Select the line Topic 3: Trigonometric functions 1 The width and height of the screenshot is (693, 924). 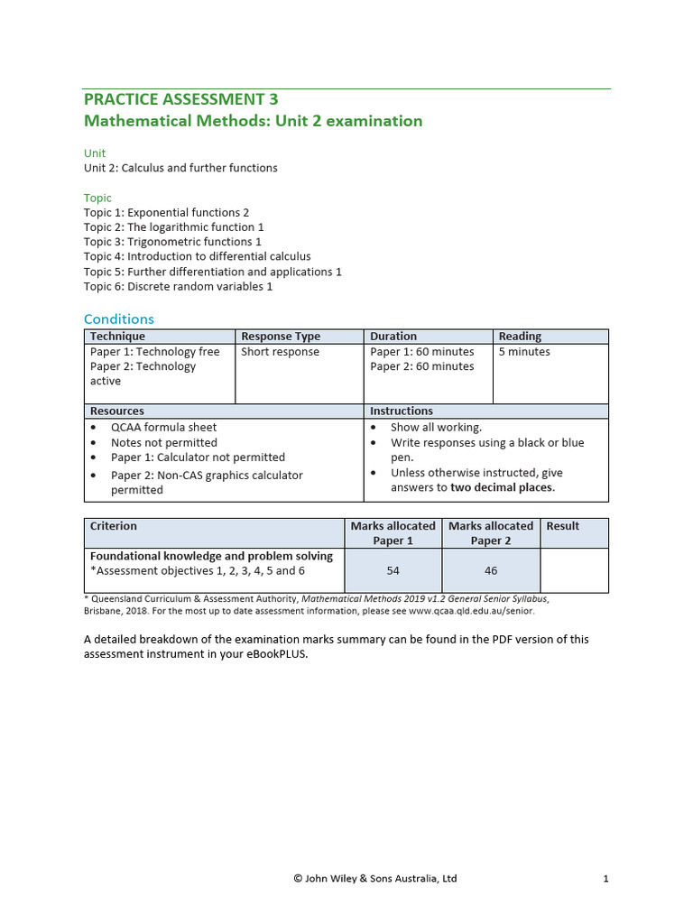pos(172,242)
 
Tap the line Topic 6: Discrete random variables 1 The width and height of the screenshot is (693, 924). pos(178,287)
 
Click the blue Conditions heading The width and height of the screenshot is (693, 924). pos(119,319)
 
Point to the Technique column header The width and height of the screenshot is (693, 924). pos(117,337)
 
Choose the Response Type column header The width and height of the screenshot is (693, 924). pos(281,337)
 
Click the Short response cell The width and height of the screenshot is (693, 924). pos(280,352)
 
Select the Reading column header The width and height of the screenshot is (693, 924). pos(520,337)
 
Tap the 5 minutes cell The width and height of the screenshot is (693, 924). pos(524,352)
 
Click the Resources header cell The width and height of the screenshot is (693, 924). pos(117,411)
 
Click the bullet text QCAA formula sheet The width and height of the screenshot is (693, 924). pos(163,428)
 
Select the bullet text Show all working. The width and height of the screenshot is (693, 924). pos(436,428)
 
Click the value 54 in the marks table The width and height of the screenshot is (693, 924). pos(393,570)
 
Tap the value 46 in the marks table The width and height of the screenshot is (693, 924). pos(490,570)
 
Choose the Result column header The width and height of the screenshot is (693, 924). pos(563,526)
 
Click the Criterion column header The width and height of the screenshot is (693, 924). pos(114,526)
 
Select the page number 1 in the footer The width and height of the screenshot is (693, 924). pos(606,878)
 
